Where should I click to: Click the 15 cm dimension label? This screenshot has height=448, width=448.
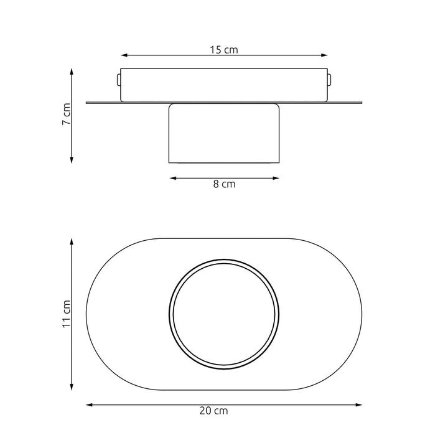pos(224,50)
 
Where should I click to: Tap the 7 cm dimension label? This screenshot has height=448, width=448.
pos(67,114)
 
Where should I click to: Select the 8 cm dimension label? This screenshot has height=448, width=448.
pos(224,184)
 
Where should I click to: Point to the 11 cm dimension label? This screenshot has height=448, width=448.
pos(67,314)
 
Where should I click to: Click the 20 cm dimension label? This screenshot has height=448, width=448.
pos(213,411)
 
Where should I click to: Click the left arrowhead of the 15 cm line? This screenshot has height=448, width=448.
pos(124,55)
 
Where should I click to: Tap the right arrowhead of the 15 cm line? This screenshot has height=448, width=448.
pos(324,55)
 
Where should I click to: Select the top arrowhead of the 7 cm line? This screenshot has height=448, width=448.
pos(72,72)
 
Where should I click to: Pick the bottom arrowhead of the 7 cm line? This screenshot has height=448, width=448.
pos(72,160)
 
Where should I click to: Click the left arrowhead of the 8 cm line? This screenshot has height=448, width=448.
pos(173,179)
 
